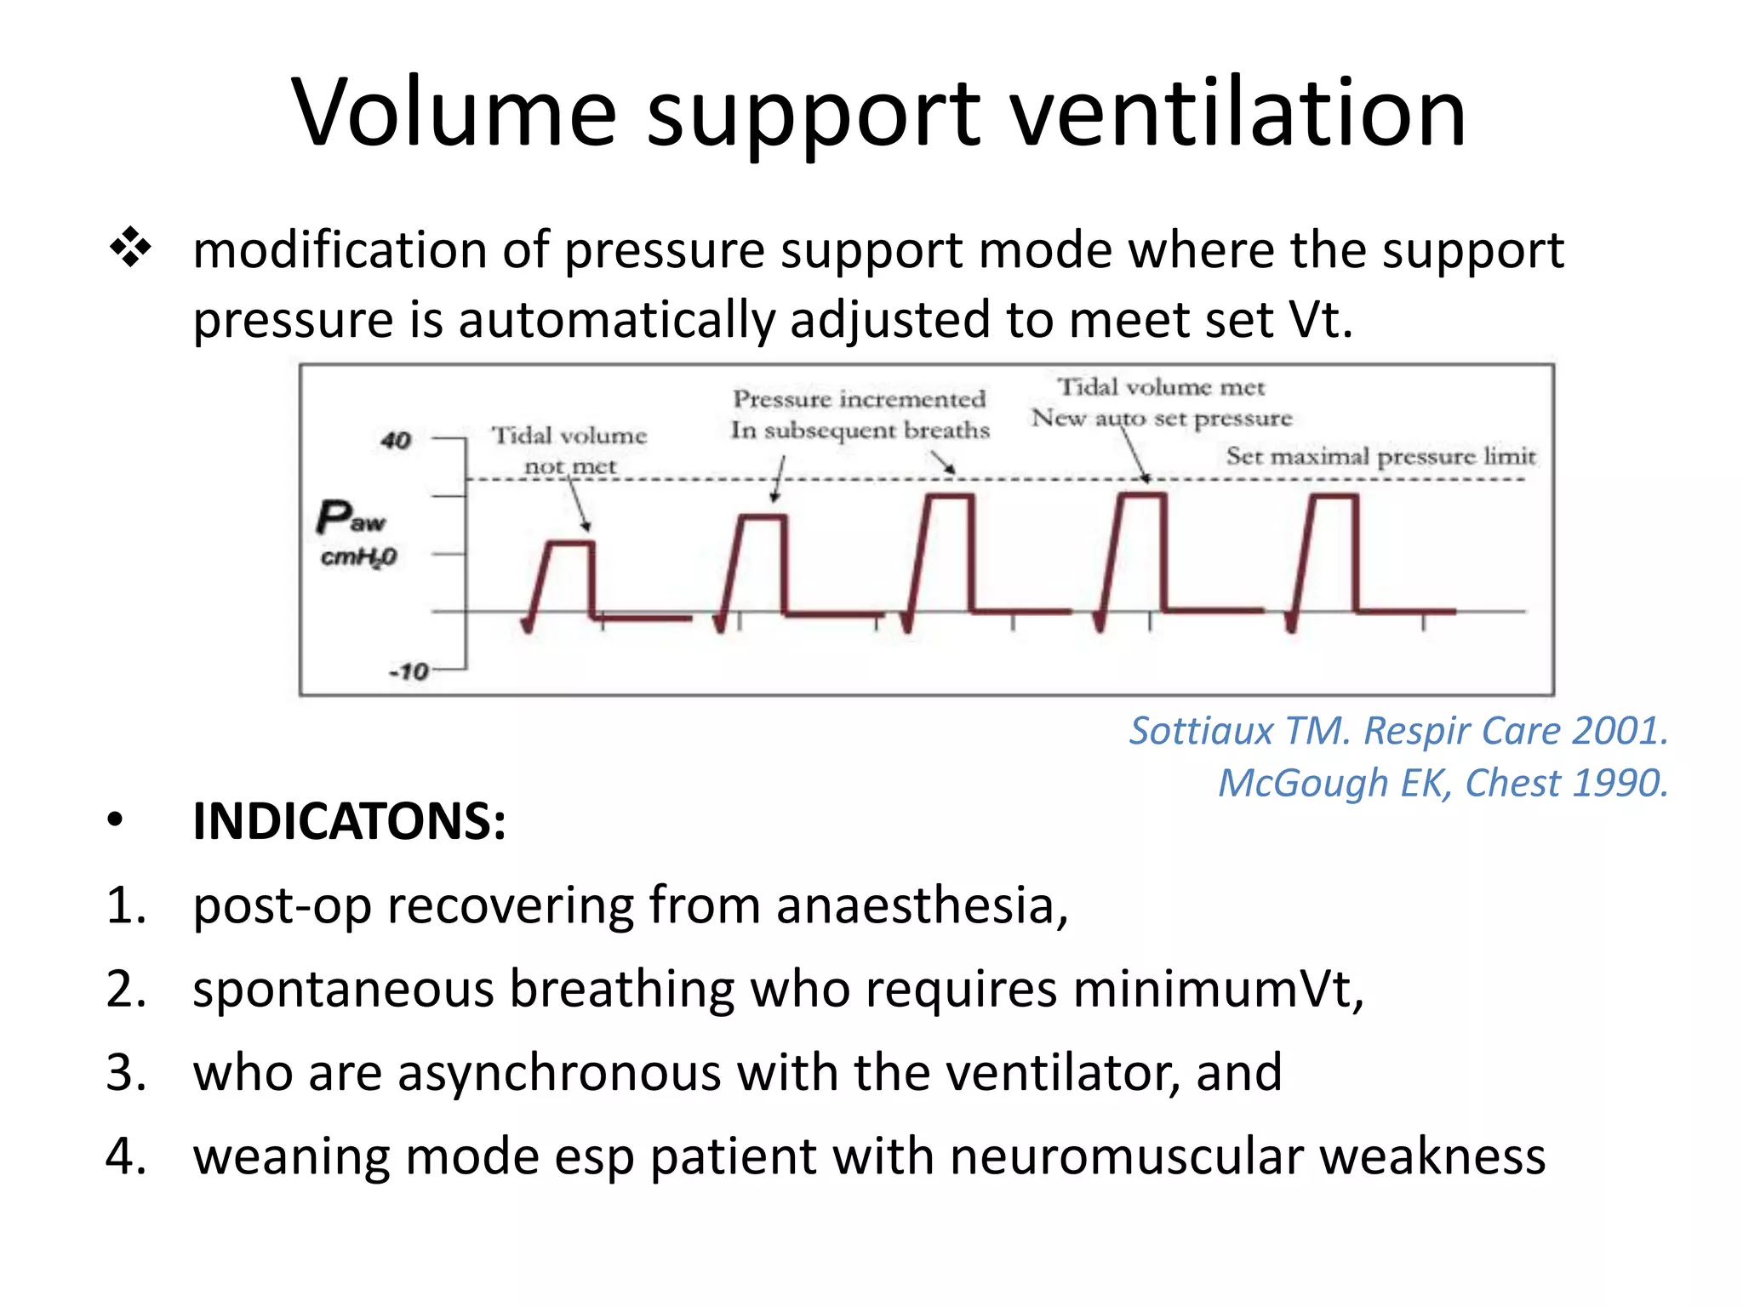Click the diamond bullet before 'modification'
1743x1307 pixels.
point(130,248)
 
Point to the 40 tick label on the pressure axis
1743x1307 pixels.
point(396,440)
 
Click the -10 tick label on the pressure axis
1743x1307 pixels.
point(409,671)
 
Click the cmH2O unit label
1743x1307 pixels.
point(358,557)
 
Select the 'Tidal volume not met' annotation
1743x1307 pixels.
point(569,450)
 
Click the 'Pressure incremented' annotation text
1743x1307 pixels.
point(860,399)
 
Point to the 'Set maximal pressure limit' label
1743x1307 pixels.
point(1380,456)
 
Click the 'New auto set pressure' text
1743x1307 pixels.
point(1162,418)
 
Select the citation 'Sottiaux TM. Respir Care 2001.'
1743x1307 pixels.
point(1398,731)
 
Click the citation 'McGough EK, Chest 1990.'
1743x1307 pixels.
point(1443,783)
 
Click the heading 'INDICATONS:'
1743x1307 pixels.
point(349,822)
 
